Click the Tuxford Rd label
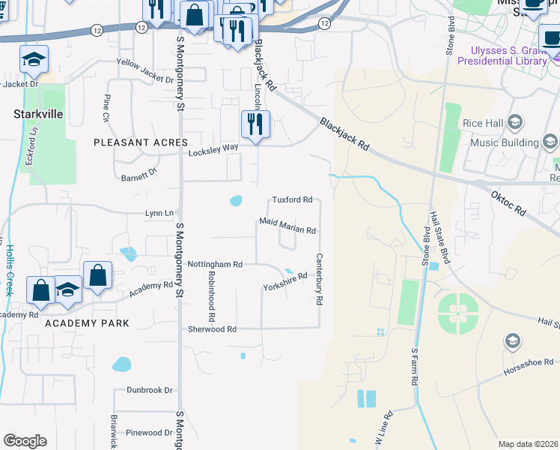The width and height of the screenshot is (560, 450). [x=291, y=200]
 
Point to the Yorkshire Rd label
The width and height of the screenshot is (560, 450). [x=285, y=282]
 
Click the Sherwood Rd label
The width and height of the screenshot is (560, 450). [x=212, y=329]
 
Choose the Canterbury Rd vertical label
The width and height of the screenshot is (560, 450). [x=318, y=279]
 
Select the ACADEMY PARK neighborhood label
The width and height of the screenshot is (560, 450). [x=87, y=323]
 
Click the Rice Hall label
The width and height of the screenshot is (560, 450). [x=483, y=122]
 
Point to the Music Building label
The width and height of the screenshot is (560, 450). [x=505, y=142]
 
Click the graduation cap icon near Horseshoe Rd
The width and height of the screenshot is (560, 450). [x=513, y=342]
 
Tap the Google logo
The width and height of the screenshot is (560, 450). [x=25, y=441]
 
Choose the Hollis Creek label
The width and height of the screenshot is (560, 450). [x=10, y=269]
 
